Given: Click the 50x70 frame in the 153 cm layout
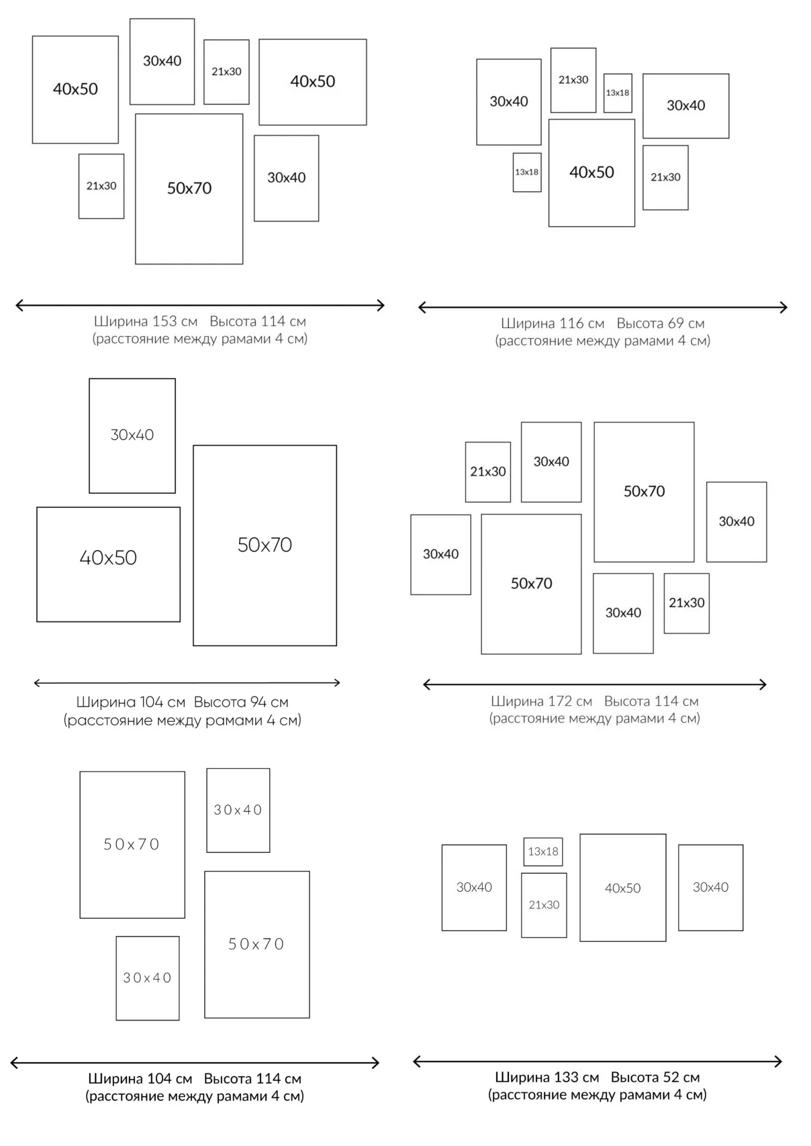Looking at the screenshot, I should click(x=189, y=189).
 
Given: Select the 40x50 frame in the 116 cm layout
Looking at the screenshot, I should click(x=591, y=172).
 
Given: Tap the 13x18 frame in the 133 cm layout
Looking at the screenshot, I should click(x=542, y=851).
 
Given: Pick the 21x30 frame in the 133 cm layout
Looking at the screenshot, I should click(x=544, y=905).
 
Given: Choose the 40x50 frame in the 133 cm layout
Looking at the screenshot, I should click(x=622, y=888).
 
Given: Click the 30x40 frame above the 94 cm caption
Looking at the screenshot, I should click(x=132, y=435).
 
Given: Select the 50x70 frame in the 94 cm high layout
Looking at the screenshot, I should click(x=265, y=545).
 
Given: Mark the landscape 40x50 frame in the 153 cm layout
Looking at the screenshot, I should click(x=312, y=82).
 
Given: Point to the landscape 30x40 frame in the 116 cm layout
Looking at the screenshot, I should click(x=685, y=106).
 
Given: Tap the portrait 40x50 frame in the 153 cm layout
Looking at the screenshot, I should click(x=75, y=89).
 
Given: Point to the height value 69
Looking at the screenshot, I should click(x=676, y=323).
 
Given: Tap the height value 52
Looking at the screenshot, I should click(x=671, y=1078).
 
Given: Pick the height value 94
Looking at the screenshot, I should click(x=259, y=702).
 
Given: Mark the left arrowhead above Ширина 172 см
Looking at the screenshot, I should click(x=426, y=684).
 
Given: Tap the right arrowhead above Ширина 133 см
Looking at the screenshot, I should click(x=778, y=1061).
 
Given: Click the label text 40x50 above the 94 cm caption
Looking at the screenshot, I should click(x=108, y=558).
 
